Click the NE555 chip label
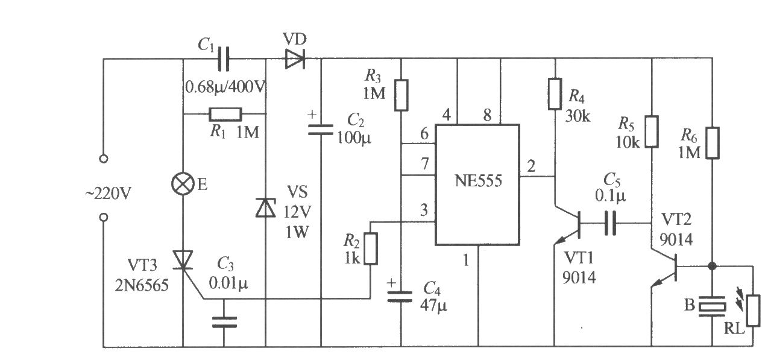pyautogui.click(x=478, y=181)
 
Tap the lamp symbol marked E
pyautogui.click(x=183, y=184)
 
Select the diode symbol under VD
pyautogui.click(x=295, y=59)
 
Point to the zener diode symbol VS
pyautogui.click(x=266, y=207)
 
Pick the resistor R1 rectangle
pyautogui.click(x=225, y=114)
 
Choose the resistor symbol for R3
pyautogui.click(x=401, y=95)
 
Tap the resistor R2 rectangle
pyautogui.click(x=371, y=248)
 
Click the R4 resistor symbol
pyautogui.click(x=555, y=94)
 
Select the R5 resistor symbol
pyautogui.click(x=652, y=132)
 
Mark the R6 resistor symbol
pyautogui.click(x=713, y=143)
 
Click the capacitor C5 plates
pyautogui.click(x=610, y=223)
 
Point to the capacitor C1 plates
pyautogui.click(x=224, y=59)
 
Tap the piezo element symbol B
pyautogui.click(x=712, y=306)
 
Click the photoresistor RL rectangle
pyautogui.click(x=753, y=311)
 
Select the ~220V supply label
pyautogui.click(x=109, y=194)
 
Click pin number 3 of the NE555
pyautogui.click(x=424, y=210)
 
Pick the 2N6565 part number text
pyautogui.click(x=142, y=285)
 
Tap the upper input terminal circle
pyautogui.click(x=104, y=159)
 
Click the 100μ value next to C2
pyautogui.click(x=354, y=138)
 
